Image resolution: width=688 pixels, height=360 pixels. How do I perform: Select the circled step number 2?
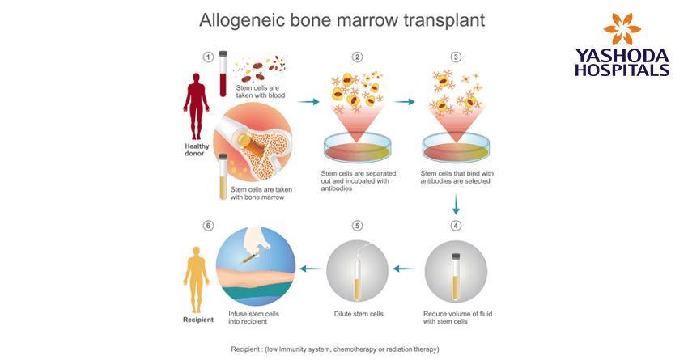(x=357, y=57)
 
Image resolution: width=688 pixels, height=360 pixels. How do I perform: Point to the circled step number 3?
(x=456, y=57)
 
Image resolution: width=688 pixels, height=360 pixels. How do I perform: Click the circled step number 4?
(x=457, y=225)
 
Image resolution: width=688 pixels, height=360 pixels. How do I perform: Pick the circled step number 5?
(x=357, y=225)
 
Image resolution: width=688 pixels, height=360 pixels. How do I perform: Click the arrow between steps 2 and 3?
(x=405, y=102)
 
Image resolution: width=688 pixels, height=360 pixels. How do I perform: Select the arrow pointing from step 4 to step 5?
(x=405, y=269)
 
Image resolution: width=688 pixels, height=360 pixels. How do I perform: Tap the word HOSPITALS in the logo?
(x=622, y=70)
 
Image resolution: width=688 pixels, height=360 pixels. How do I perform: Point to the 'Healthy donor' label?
(x=195, y=150)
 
